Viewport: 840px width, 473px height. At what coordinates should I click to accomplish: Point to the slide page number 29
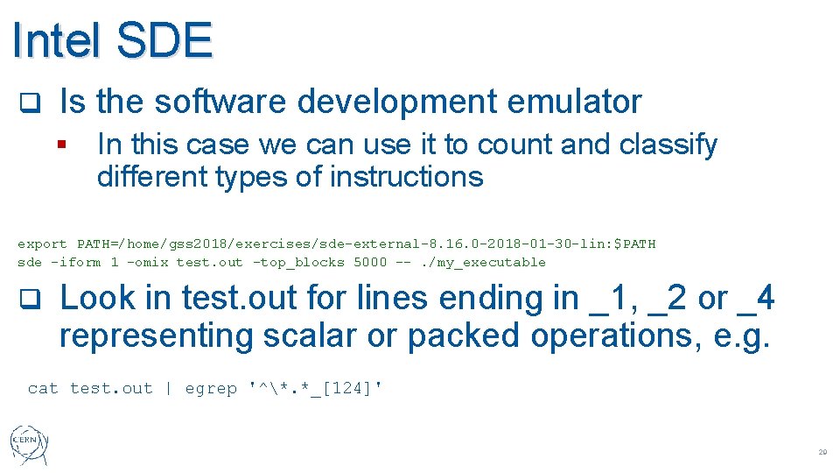[822, 453]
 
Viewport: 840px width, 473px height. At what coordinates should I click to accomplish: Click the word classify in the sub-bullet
[668, 145]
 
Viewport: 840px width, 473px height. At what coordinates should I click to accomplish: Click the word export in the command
[42, 244]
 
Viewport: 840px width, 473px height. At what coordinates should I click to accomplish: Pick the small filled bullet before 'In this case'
[62, 145]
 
